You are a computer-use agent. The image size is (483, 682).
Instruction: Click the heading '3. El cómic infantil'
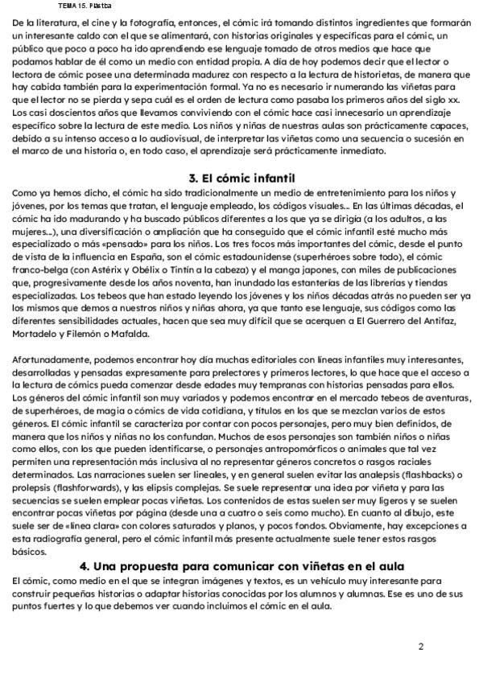point(242,177)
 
